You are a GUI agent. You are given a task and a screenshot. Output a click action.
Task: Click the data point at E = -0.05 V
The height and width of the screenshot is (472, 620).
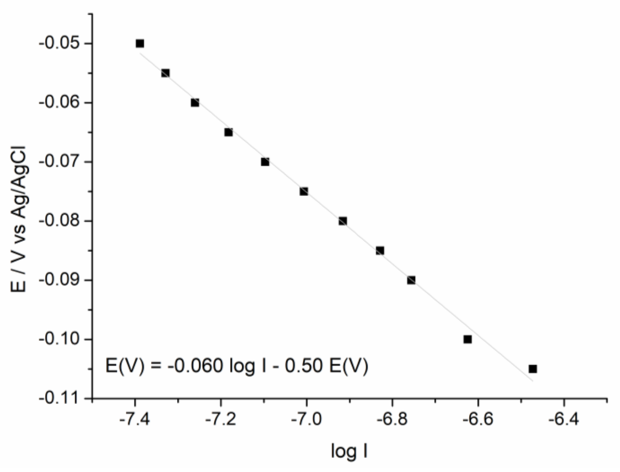click(x=140, y=44)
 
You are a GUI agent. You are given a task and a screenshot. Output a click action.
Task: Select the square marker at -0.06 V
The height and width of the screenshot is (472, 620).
click(x=195, y=103)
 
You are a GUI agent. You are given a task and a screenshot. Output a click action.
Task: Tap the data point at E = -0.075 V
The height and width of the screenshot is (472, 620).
click(x=304, y=191)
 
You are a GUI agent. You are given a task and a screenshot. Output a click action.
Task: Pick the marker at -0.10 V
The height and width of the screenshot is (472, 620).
click(x=467, y=339)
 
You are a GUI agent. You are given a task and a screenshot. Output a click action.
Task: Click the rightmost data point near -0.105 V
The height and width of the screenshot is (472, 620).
click(x=533, y=369)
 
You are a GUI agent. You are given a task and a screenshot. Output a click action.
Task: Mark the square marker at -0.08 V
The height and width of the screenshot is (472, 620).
click(x=343, y=221)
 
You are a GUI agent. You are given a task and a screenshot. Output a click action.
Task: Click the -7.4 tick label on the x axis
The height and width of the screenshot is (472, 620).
click(x=135, y=420)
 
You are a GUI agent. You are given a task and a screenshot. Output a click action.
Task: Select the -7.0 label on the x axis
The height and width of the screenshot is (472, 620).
click(x=306, y=420)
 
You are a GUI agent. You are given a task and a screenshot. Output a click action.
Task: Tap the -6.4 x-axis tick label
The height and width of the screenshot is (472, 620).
click(x=563, y=420)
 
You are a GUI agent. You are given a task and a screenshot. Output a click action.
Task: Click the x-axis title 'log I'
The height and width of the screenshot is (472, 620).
click(x=349, y=452)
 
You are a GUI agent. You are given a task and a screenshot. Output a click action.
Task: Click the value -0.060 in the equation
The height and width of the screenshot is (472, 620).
click(x=195, y=366)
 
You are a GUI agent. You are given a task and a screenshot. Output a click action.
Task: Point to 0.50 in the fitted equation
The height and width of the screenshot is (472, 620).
click(x=303, y=366)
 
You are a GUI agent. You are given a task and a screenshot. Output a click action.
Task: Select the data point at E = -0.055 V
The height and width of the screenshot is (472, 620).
click(x=165, y=73)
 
